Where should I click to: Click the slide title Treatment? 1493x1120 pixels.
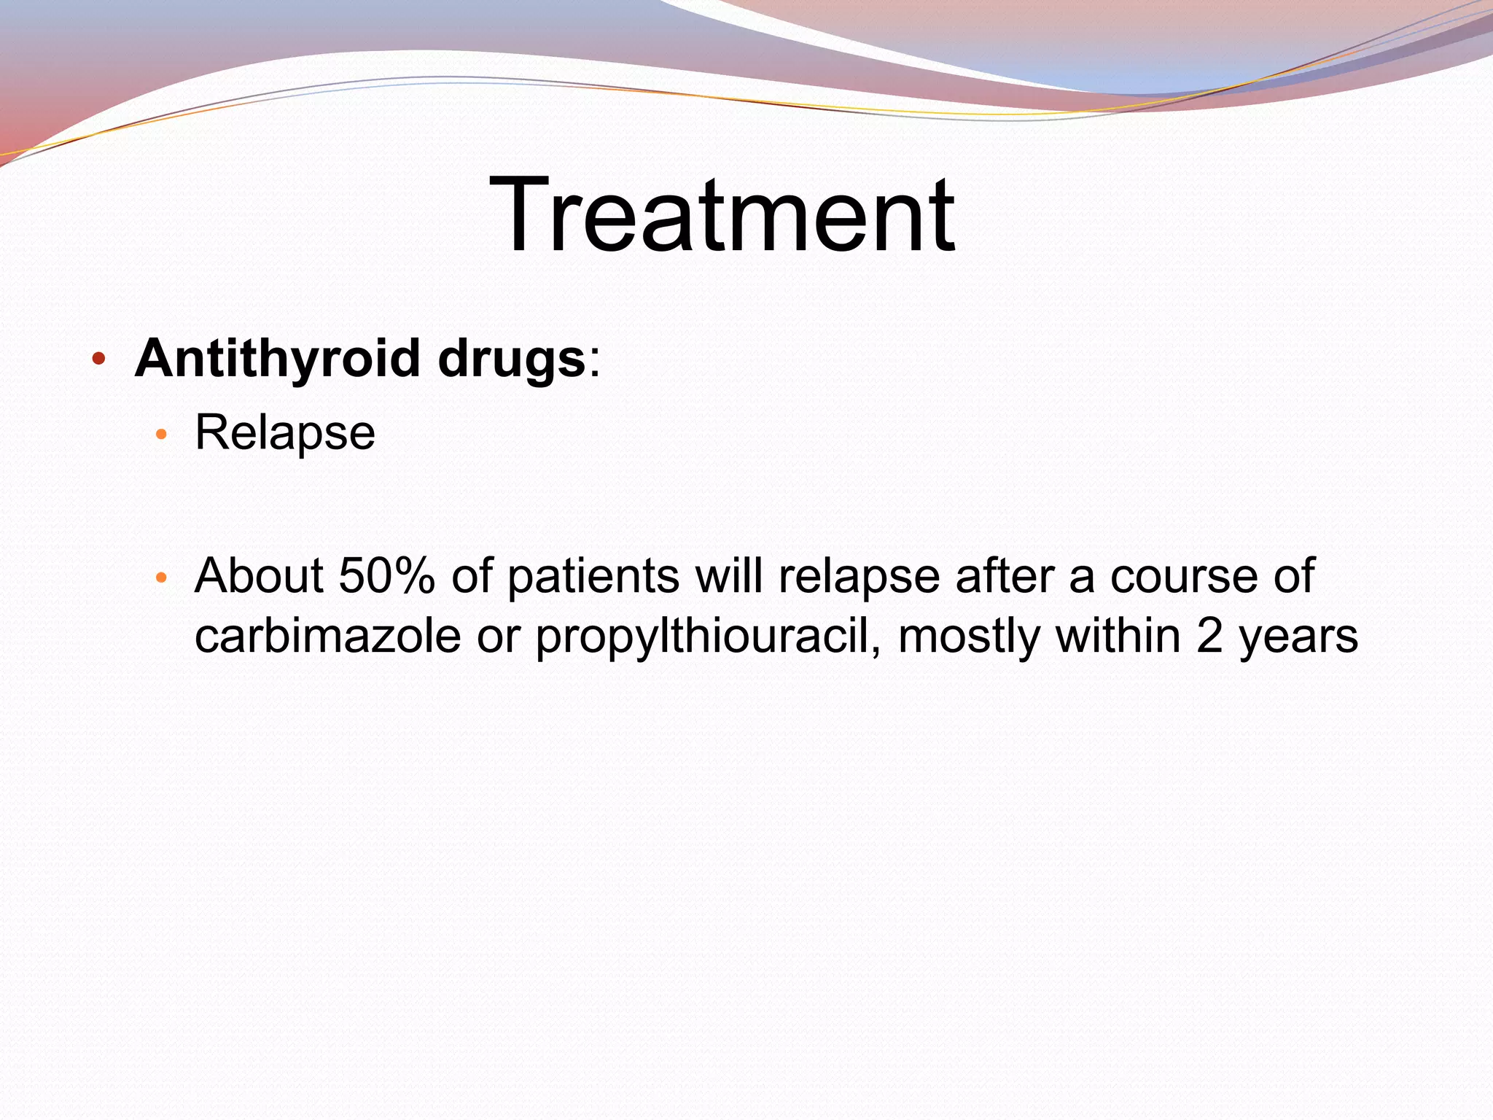coord(722,215)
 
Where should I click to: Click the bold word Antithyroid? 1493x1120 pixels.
coord(278,359)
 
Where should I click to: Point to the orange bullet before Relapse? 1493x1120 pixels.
coord(162,435)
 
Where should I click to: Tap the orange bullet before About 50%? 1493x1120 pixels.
coord(162,578)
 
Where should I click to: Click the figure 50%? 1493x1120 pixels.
coord(386,576)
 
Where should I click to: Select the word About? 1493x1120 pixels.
coord(259,576)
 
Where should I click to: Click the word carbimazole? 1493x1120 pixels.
coord(327,636)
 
